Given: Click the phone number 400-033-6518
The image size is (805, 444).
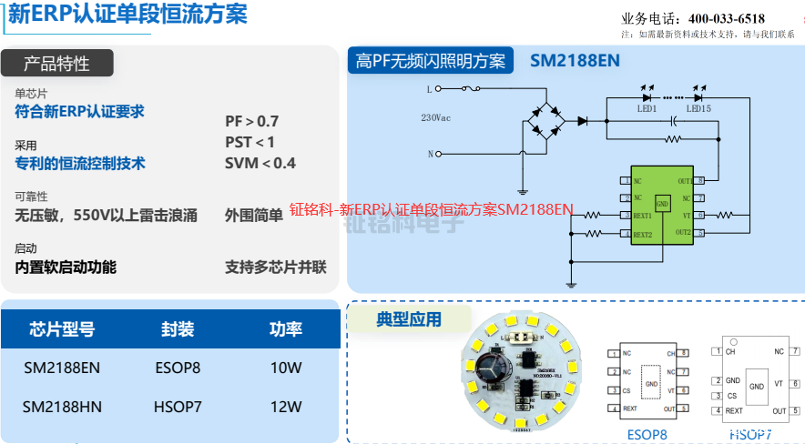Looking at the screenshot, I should [x=726, y=18].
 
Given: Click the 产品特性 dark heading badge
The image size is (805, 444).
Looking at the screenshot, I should [x=56, y=63].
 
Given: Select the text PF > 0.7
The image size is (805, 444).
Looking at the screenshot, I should [x=252, y=121].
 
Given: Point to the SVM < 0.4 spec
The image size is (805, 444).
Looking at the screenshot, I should [x=260, y=163].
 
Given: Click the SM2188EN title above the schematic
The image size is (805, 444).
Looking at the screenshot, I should [x=575, y=61].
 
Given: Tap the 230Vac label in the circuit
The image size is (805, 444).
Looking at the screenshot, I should [x=435, y=118].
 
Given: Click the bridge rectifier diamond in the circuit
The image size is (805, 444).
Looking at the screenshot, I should [x=545, y=120].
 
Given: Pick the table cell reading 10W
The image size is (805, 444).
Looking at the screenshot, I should [x=286, y=368].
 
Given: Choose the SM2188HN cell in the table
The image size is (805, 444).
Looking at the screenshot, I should [x=62, y=407].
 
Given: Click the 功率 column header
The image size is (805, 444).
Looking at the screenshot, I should [x=286, y=328].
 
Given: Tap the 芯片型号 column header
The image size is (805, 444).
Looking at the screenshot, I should [x=62, y=328].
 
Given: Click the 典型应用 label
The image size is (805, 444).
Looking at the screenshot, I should [x=409, y=319].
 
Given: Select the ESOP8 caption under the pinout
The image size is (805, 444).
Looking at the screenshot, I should [x=647, y=434].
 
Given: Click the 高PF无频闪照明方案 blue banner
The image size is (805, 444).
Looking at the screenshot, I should [x=430, y=61].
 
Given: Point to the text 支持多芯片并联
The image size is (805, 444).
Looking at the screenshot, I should [x=276, y=267].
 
